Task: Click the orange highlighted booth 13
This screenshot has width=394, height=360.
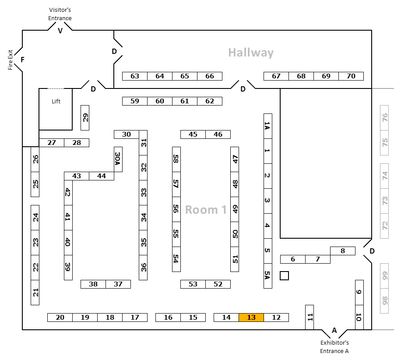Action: tap(251, 318)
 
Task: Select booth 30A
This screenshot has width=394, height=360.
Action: tap(118, 159)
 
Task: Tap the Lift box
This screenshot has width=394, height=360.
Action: tap(56, 109)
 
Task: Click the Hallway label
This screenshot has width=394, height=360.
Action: tap(251, 53)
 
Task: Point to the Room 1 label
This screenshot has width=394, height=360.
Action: tap(206, 210)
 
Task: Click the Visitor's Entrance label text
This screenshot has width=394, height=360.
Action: tap(60, 14)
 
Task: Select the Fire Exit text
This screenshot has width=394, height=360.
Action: tap(11, 60)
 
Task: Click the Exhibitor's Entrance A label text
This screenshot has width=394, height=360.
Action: tap(334, 346)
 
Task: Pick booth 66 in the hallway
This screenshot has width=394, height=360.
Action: tap(210, 76)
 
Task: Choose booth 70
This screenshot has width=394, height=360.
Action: tap(351, 76)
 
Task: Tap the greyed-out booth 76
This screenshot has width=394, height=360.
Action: tap(385, 118)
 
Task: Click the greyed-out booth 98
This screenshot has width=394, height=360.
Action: tap(385, 301)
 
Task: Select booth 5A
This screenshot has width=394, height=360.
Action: tap(268, 275)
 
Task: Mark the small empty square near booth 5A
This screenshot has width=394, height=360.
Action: tap(285, 275)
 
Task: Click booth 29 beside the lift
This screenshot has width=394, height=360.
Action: tap(85, 118)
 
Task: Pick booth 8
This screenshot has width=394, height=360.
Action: tap(343, 251)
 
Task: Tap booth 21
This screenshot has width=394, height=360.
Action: tap(35, 292)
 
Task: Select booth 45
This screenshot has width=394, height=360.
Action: tap(193, 134)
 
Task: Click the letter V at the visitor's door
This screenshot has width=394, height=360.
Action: tap(60, 31)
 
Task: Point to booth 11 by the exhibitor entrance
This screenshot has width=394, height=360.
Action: tap(310, 317)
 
